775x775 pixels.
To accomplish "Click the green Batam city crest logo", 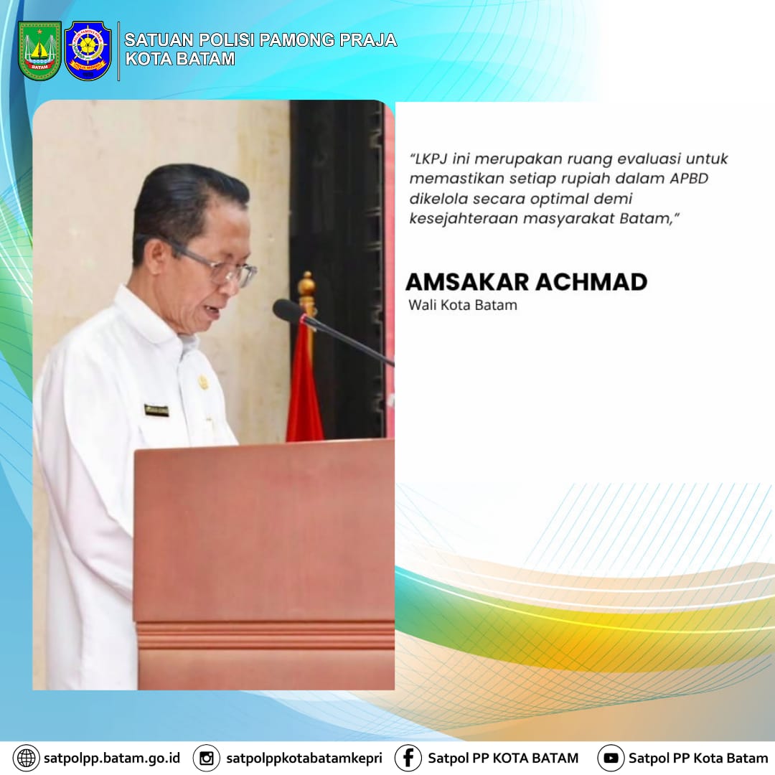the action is point(39,50).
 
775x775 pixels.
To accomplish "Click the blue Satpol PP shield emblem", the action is point(88,50).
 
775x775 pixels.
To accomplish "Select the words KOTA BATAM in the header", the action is point(180,59).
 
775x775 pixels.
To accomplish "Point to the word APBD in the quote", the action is point(689,179).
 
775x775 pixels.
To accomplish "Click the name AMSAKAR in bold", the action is point(467,282).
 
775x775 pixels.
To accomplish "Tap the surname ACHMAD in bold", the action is point(591,282).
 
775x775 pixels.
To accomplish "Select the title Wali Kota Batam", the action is point(463,305).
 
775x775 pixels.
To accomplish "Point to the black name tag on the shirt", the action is point(156,410).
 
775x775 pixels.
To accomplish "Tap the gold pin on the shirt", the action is point(203,382).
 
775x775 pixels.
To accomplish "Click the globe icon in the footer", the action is point(27,758).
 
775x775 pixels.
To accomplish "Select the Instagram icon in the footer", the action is point(206,758).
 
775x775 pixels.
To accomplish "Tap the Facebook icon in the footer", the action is point(408,758).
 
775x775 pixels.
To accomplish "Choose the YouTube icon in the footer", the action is point(611,758).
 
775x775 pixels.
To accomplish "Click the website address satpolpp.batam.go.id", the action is point(112,758).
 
